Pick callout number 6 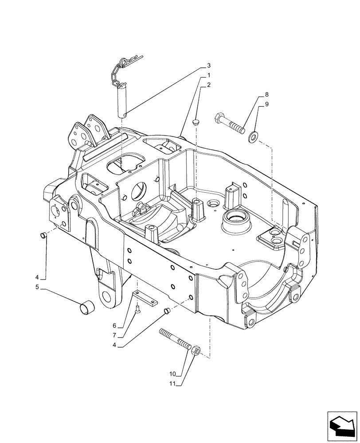point(114,326)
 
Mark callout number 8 point(267,95)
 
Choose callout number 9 point(267,105)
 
